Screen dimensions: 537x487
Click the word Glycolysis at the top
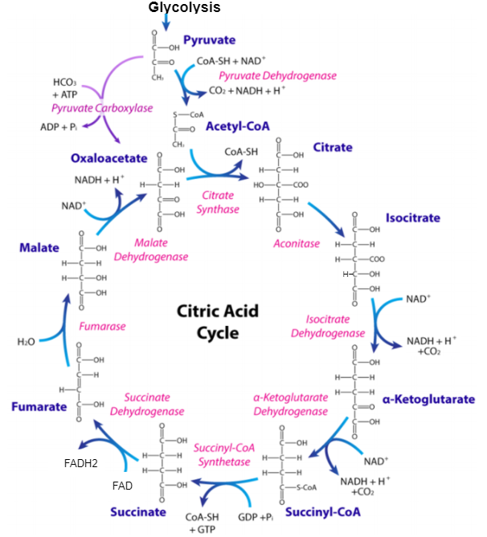pos(184,7)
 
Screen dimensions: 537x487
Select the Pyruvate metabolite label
pos(210,39)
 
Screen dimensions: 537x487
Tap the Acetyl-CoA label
pos(237,127)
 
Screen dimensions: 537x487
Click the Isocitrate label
pos(412,218)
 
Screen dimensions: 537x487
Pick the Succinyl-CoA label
pos(323,511)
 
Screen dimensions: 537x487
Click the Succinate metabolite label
pos(138,511)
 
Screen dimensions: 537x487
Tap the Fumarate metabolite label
pos(39,407)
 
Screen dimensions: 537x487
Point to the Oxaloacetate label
pos(108,157)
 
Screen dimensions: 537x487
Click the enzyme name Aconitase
pos(297,243)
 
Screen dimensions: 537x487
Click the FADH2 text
pos(81,463)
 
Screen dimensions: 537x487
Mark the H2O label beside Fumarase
pos(27,342)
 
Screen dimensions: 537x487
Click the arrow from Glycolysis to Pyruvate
pos(166,22)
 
